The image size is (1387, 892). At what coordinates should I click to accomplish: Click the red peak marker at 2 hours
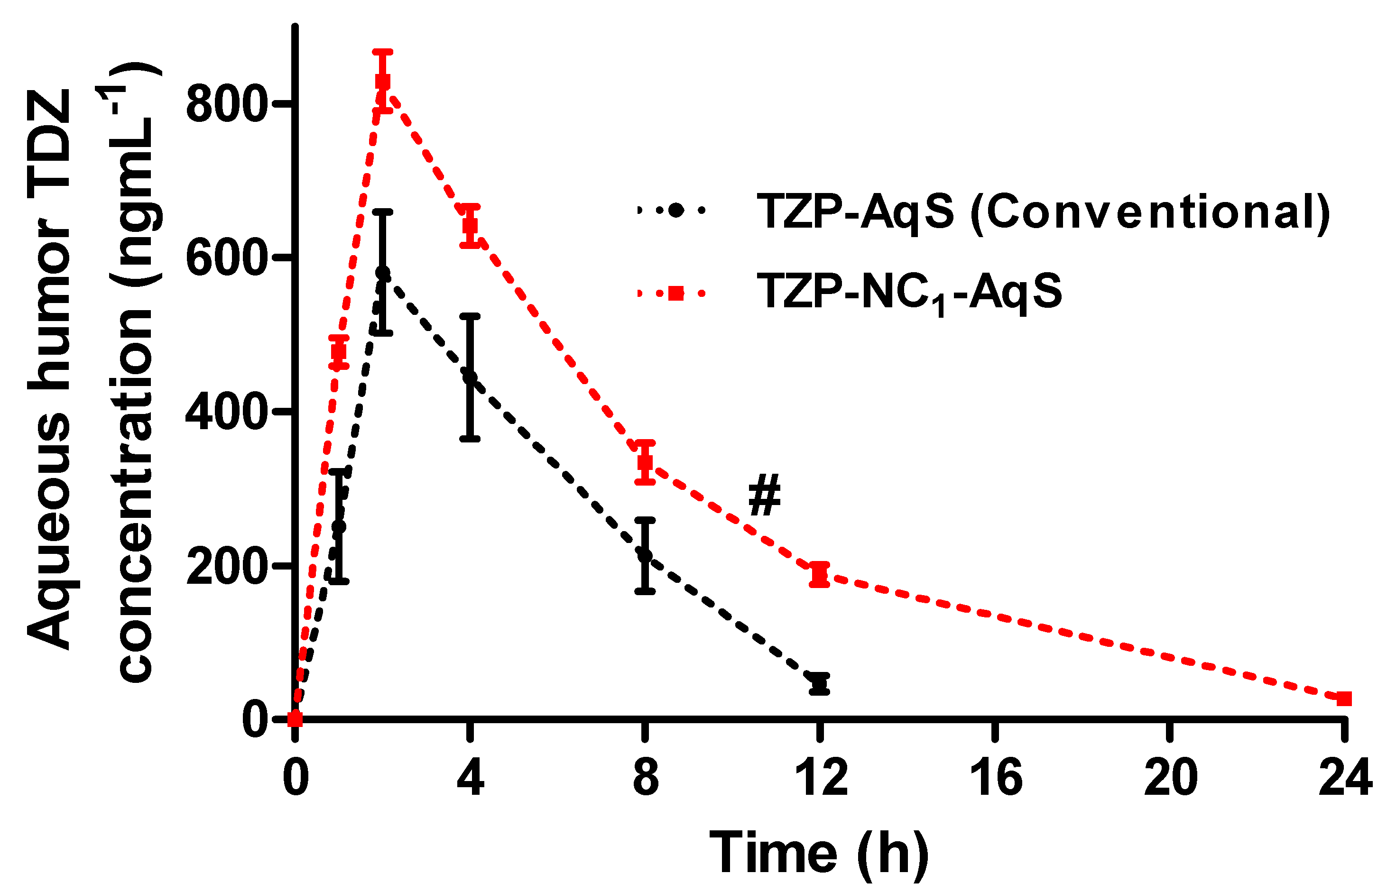382,81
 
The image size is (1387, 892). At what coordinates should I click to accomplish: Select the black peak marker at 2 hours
382,272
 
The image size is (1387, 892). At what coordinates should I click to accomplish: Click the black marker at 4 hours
471,377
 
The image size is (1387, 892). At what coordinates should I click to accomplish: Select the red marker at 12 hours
819,574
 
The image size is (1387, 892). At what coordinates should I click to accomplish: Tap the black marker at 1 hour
339,526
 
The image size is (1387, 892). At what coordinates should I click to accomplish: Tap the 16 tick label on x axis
995,777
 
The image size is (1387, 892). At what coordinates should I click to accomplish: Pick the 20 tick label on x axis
1170,777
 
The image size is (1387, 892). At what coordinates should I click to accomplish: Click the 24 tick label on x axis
1345,777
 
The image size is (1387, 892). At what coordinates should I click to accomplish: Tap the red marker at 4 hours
471,225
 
